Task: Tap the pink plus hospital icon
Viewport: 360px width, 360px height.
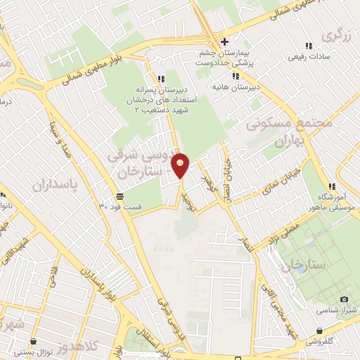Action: pos(224,41)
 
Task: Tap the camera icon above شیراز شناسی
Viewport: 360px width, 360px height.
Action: pos(344,299)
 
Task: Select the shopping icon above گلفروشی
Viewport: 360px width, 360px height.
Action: pos(320,330)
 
